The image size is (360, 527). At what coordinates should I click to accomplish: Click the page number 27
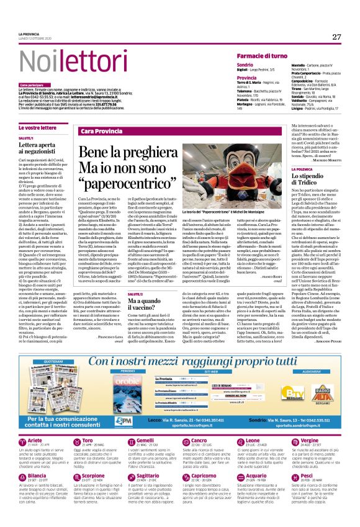337,37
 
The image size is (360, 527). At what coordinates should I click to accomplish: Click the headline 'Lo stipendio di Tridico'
311,180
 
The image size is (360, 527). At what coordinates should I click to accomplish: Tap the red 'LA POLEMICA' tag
302,169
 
